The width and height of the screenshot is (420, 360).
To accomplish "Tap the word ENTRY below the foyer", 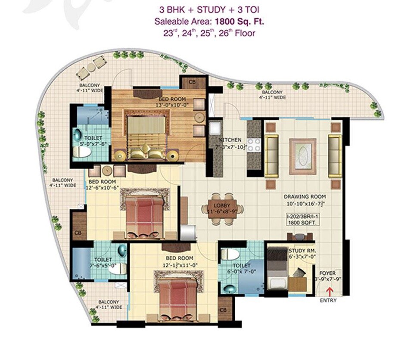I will pyautogui.click(x=328, y=301).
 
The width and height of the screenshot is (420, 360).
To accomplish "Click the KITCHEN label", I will pyautogui.click(x=230, y=140).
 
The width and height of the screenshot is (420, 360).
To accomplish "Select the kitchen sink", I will pyautogui.click(x=215, y=128).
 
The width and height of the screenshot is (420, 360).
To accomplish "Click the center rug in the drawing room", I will pyautogui.click(x=305, y=156).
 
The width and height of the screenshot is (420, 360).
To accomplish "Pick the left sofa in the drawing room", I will pyautogui.click(x=271, y=156).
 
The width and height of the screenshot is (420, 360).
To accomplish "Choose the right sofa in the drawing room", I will pyautogui.click(x=335, y=156).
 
